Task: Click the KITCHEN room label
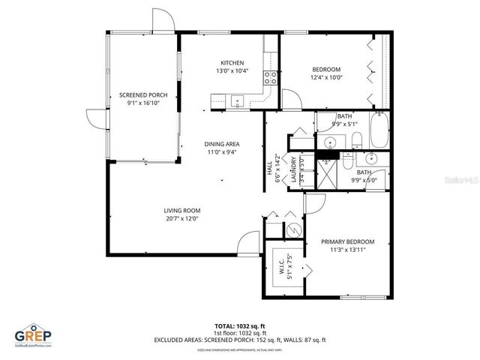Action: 232,62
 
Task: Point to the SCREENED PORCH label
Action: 142,95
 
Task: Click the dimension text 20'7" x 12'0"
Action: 182,220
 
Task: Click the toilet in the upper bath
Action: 358,138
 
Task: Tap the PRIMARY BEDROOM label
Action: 347,241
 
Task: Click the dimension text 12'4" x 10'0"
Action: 326,76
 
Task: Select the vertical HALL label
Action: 269,169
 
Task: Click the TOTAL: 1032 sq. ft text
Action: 240,326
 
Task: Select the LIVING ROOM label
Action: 182,211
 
